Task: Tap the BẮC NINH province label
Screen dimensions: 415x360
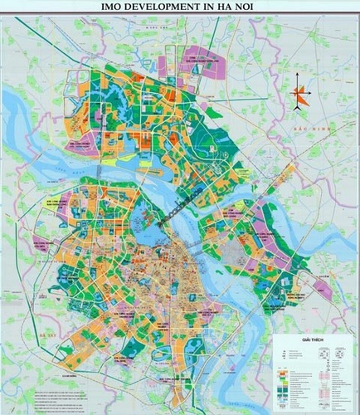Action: [x=317, y=132]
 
